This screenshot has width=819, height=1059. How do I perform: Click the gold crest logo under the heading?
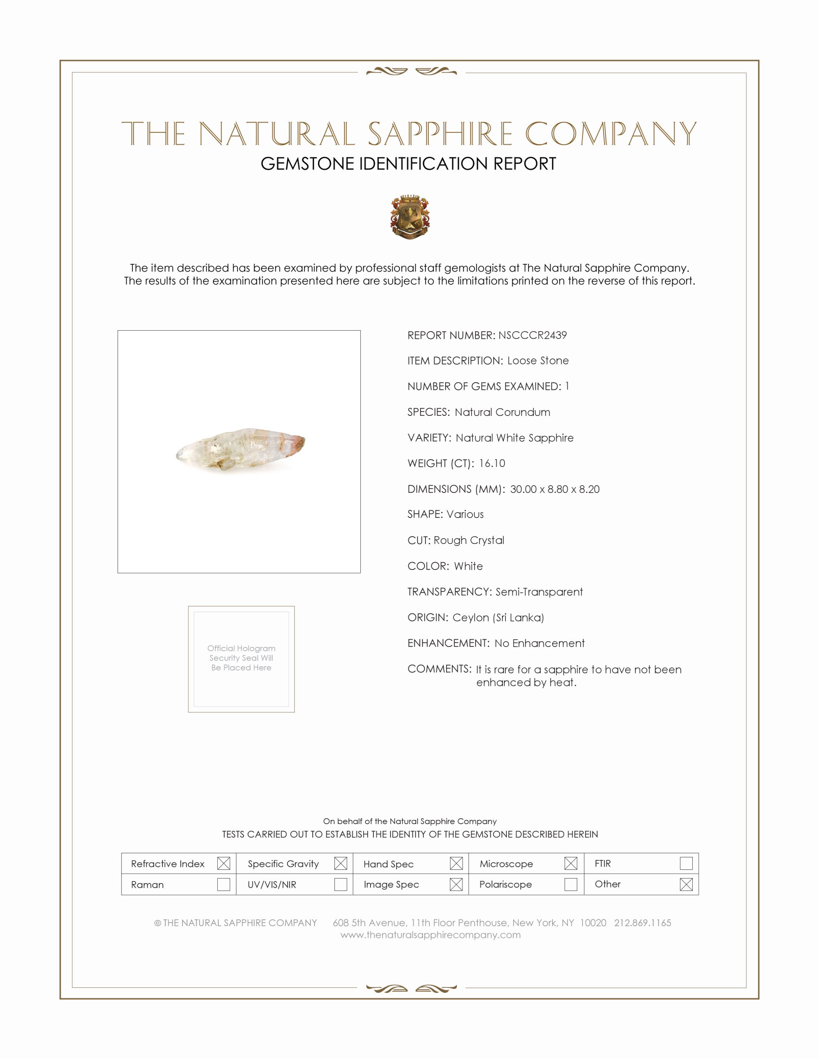(410, 217)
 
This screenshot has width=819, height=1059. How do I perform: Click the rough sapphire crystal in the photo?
(240, 449)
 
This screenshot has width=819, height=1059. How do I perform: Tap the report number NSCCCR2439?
(532, 335)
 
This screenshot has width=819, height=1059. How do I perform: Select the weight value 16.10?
(491, 463)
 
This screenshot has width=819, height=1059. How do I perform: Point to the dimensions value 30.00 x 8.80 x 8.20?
(555, 489)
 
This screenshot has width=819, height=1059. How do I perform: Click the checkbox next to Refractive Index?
(224, 864)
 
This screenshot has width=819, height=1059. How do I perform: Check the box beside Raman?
(224, 884)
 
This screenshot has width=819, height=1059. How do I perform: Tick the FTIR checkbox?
(686, 864)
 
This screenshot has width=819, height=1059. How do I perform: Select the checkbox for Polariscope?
(570, 884)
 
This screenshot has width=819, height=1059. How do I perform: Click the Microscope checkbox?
(570, 864)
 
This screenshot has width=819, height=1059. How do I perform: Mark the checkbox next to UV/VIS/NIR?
(341, 884)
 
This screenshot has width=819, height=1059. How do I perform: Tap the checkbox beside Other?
(686, 884)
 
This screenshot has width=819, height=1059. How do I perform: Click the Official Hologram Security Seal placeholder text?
(241, 658)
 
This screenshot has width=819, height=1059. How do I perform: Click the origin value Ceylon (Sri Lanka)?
(498, 617)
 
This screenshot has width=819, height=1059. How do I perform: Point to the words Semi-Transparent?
(539, 592)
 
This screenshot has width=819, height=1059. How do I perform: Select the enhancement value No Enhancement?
(540, 643)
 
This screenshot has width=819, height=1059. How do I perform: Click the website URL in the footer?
(430, 935)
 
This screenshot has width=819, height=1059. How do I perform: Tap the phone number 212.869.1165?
(642, 923)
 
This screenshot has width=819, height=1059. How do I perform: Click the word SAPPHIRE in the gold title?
(440, 134)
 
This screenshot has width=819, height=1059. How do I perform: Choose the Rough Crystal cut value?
(469, 540)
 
